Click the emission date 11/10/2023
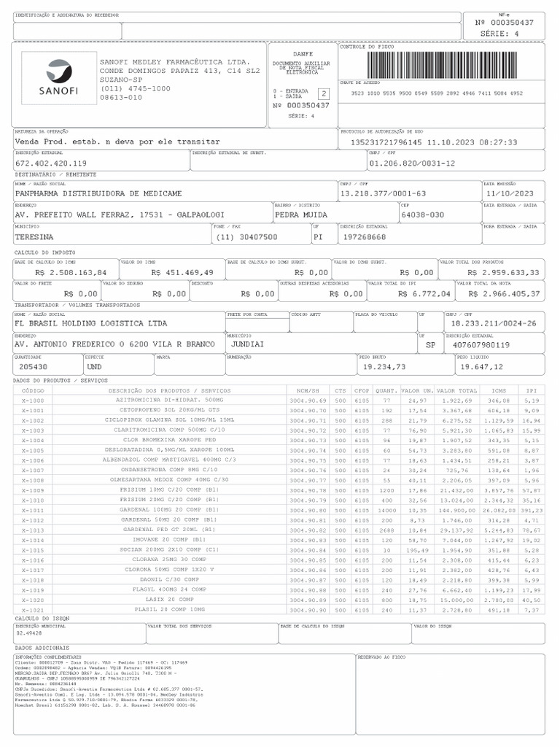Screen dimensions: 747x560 coord(509,193)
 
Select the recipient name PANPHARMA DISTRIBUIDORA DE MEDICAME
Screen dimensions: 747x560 coord(98,193)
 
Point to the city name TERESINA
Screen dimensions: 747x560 coord(34,237)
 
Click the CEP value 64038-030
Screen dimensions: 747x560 coord(422,215)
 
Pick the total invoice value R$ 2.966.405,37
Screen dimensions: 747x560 coord(504,293)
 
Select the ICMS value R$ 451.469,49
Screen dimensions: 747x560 coord(182,272)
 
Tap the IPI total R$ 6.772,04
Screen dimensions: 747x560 coord(424,293)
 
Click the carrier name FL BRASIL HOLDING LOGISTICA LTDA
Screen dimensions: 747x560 coord(90,322)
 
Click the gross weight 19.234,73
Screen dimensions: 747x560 coord(384,367)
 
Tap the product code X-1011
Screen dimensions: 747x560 coord(33,510)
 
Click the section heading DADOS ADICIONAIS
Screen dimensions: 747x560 coord(42,647)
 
